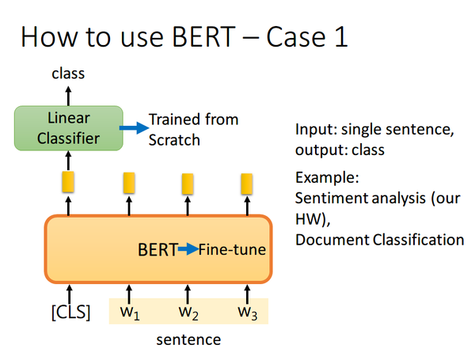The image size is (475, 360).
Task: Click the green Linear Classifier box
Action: [68, 128]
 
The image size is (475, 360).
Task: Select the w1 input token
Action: [130, 312]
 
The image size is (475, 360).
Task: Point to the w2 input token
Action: [188, 312]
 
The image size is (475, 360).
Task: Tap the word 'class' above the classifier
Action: [68, 74]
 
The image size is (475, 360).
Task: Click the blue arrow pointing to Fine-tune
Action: [187, 250]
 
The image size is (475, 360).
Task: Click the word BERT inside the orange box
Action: [157, 250]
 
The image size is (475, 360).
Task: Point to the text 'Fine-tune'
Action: [232, 250]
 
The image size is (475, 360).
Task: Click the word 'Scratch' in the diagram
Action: [174, 139]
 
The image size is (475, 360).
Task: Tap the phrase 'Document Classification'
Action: [379, 239]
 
